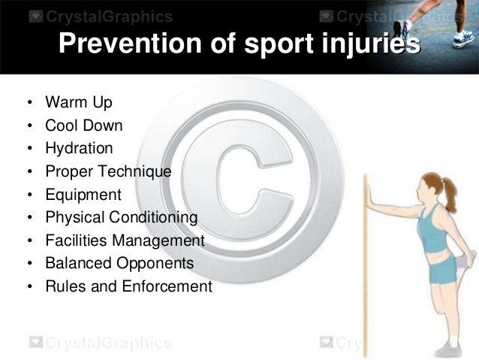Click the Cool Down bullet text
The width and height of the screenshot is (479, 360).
[x=83, y=125]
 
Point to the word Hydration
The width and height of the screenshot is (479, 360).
[x=79, y=148]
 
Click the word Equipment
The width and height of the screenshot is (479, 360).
[x=83, y=195]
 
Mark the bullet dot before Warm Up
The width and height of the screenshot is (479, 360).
[x=27, y=102]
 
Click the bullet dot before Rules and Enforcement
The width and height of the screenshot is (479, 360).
[x=27, y=288]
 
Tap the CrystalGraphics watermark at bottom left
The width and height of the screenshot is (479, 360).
[x=98, y=343]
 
